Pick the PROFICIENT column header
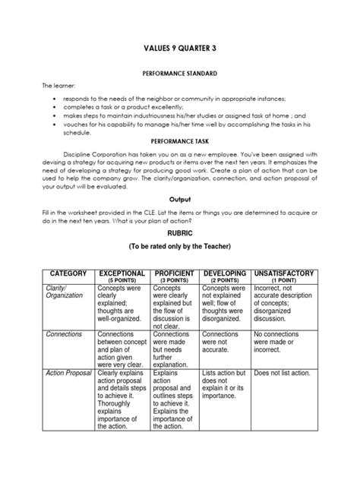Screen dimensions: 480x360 point(176,271)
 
